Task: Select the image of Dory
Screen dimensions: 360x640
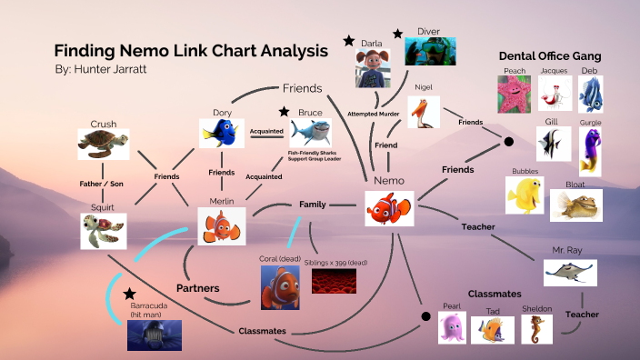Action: (222, 134)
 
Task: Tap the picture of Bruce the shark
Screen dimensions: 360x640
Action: (311, 134)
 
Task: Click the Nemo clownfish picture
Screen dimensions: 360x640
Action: (389, 208)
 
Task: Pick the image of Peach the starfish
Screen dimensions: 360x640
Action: (514, 94)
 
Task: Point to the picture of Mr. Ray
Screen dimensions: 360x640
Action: (570, 272)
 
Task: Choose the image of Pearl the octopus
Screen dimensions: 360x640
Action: (452, 328)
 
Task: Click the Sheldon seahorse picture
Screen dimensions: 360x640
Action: (536, 329)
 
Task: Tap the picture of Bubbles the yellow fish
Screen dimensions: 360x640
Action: (525, 195)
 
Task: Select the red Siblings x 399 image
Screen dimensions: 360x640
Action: (333, 281)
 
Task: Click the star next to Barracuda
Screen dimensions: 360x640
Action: (130, 295)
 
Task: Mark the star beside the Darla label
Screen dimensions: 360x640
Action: (349, 41)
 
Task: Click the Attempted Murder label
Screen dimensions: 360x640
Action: (375, 114)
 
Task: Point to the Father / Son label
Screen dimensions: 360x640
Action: (101, 184)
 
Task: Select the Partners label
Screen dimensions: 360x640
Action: (198, 288)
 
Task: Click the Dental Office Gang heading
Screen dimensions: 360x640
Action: (550, 56)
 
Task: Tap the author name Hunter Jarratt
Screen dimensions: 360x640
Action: (111, 69)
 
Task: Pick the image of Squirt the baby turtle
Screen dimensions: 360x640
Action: (101, 231)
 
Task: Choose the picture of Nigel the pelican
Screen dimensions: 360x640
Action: (424, 111)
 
